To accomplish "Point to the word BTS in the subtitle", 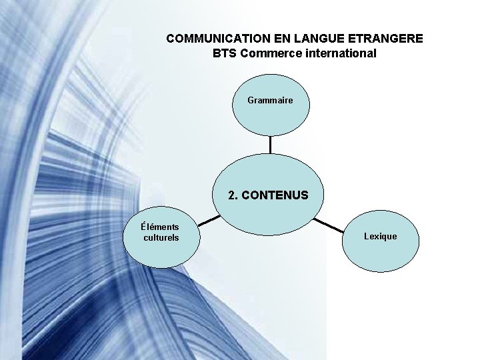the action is (x=225, y=53).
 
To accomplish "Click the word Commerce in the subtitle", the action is (x=271, y=53).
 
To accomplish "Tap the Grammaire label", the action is (x=270, y=100).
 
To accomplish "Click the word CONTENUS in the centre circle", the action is (x=275, y=196).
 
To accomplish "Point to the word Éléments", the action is (x=160, y=227).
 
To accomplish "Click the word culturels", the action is (x=161, y=237).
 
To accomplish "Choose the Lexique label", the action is (x=380, y=236).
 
